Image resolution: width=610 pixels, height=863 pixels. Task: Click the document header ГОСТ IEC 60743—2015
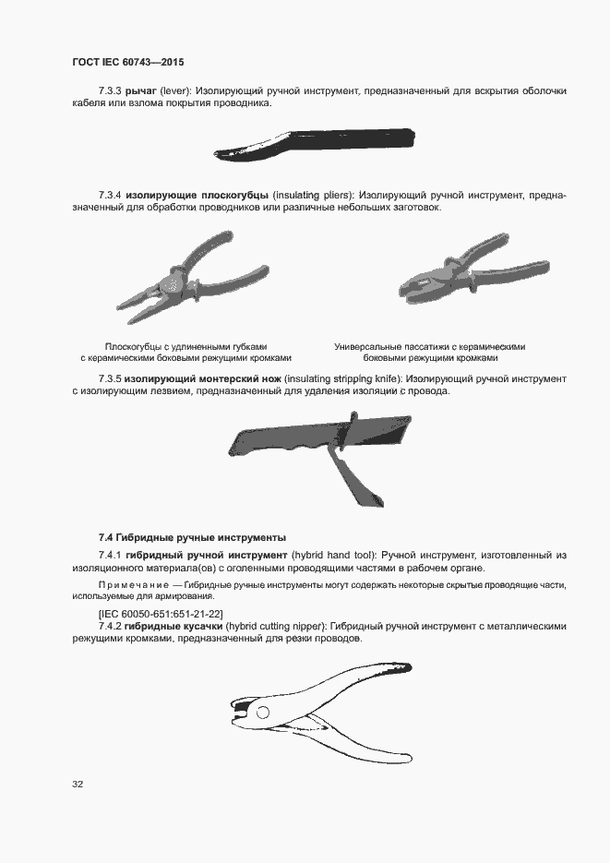tap(127, 62)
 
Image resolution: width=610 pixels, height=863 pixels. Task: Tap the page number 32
tap(78, 785)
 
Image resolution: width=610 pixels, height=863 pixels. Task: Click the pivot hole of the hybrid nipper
tap(263, 712)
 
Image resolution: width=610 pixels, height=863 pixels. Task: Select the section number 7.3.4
tap(110, 196)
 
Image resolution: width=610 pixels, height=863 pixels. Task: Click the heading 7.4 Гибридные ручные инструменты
tap(192, 537)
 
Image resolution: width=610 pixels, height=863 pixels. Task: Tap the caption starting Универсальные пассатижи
tap(430, 347)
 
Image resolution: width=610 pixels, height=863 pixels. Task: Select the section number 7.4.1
tap(110, 555)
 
